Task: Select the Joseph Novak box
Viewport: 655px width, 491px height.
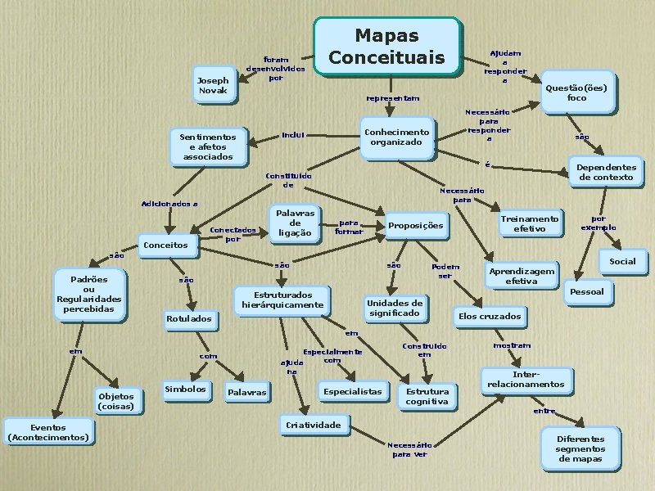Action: pyautogui.click(x=213, y=85)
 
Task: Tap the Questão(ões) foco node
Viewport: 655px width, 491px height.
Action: pyautogui.click(x=576, y=92)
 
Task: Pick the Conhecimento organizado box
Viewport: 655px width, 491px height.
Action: pyautogui.click(x=396, y=137)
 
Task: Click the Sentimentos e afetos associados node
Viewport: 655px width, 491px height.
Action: pyautogui.click(x=207, y=146)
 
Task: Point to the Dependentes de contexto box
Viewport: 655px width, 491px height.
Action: pyautogui.click(x=606, y=171)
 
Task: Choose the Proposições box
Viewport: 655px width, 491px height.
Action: pyautogui.click(x=415, y=226)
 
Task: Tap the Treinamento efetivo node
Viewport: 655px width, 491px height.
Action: pyautogui.click(x=530, y=224)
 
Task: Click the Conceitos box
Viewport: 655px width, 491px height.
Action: pyautogui.click(x=165, y=245)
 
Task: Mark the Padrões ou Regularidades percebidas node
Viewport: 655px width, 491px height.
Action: pyautogui.click(x=89, y=294)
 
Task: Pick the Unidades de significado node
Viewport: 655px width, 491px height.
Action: pyautogui.click(x=395, y=308)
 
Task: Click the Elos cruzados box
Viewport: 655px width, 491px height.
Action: pyautogui.click(x=490, y=316)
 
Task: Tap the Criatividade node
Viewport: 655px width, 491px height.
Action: pyautogui.click(x=312, y=426)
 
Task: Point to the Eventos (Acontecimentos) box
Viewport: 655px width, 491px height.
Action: pyautogui.click(x=48, y=432)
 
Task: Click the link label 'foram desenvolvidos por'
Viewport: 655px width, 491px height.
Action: pyautogui.click(x=276, y=69)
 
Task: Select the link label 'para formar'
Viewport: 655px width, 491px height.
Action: pyautogui.click(x=348, y=226)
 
